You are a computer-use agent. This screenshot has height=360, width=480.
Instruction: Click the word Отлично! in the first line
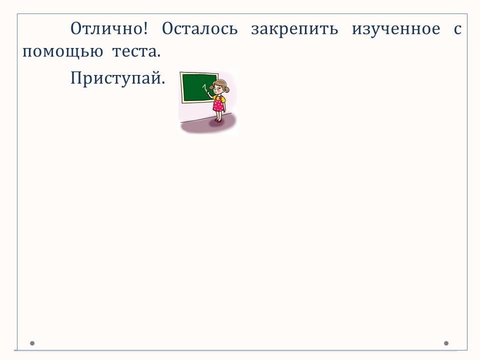[109, 29]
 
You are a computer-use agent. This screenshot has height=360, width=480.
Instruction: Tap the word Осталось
[199, 29]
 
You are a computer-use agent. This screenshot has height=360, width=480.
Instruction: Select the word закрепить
[294, 29]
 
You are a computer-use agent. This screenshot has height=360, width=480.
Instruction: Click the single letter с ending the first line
[457, 29]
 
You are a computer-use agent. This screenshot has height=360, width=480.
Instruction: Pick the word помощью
[62, 52]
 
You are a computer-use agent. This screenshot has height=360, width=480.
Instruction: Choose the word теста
[136, 51]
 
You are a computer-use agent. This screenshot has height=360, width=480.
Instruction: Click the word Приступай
[117, 78]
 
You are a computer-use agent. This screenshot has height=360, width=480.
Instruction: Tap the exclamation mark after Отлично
[145, 28]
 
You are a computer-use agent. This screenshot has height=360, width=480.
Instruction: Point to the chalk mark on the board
[204, 88]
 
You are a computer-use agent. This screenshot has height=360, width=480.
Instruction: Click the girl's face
[218, 88]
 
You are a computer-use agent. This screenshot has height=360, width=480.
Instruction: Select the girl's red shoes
[217, 120]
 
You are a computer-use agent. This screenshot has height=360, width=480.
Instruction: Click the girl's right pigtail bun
[227, 89]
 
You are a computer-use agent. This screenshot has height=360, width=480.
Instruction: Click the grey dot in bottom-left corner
[32, 343]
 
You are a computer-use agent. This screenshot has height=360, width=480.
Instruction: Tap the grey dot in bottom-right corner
[446, 343]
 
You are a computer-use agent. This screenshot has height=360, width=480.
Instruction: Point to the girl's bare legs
[218, 115]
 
